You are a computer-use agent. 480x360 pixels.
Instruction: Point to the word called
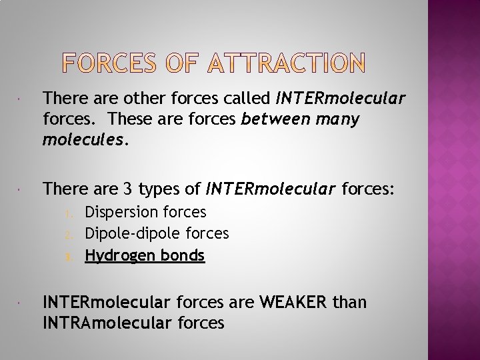point(244,99)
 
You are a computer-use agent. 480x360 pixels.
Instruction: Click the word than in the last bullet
point(349,303)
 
